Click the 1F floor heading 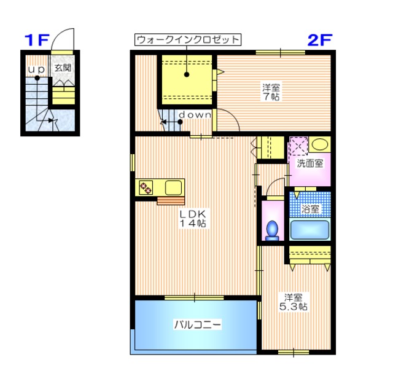click(36, 41)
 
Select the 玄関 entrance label click(62, 69)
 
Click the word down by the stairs click(195, 115)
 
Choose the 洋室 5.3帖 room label click(294, 301)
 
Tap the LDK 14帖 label click(194, 218)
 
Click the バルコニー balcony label click(196, 324)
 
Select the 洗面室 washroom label click(311, 163)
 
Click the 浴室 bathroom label click(311, 209)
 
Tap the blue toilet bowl click(271, 229)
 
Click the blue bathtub click(311, 230)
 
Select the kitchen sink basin click(173, 188)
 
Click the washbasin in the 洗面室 click(319, 145)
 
